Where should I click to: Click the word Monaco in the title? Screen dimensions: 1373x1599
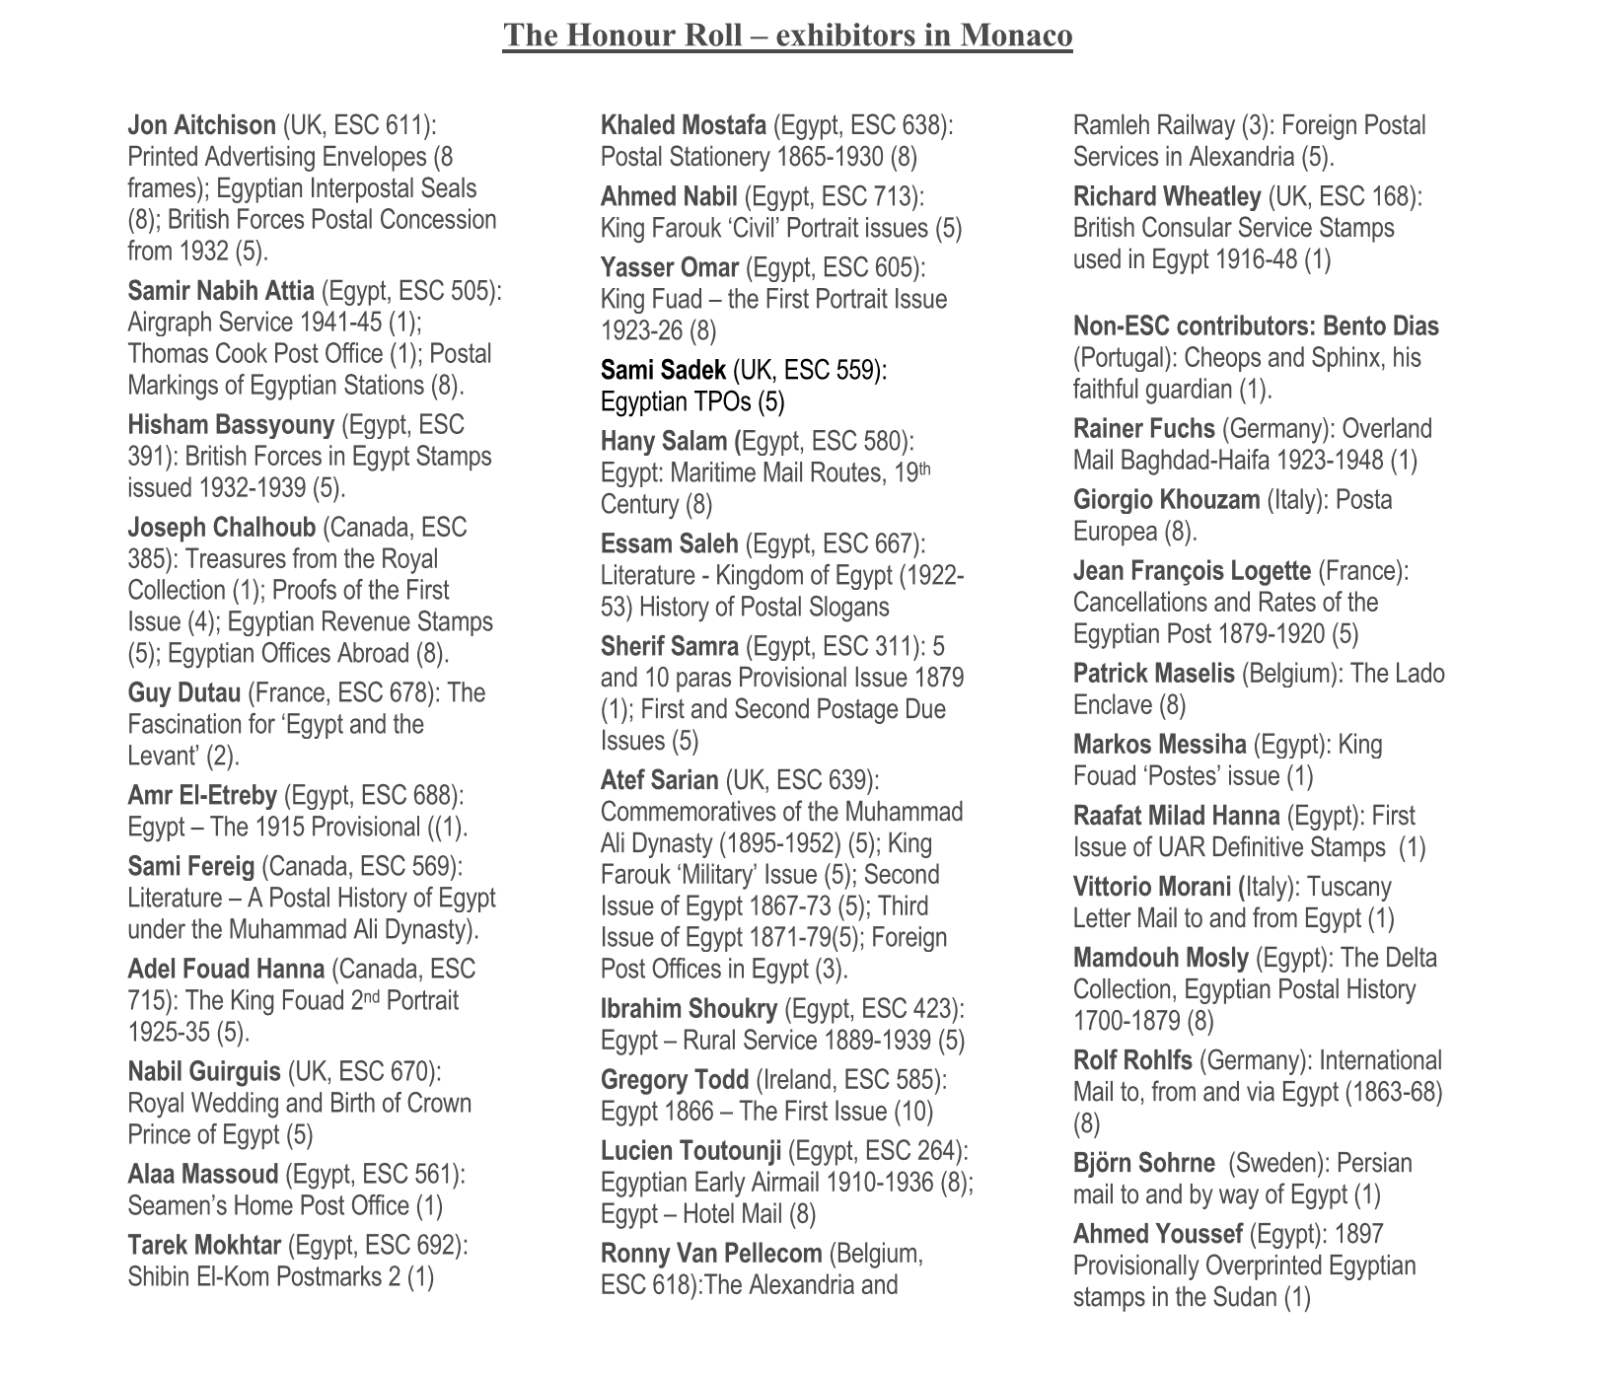pos(1016,36)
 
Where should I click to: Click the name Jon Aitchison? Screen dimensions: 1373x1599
pos(201,125)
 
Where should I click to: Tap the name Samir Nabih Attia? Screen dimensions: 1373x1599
pos(221,291)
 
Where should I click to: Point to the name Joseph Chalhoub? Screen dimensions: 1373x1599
pos(221,528)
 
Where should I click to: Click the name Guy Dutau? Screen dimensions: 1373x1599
pos(183,693)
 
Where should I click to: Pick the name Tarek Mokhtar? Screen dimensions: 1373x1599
pos(204,1246)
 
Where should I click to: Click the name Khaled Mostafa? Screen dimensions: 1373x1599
pos(683,125)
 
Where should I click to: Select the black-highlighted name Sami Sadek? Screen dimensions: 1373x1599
pos(663,370)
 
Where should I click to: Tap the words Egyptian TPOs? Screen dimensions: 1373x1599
pos(676,401)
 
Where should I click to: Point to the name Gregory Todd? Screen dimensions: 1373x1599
pos(674,1080)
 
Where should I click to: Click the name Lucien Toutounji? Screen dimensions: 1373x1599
pos(690,1151)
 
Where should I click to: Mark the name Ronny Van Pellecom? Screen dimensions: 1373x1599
pos(710,1254)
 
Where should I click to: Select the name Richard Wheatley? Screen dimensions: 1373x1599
pos(1166,196)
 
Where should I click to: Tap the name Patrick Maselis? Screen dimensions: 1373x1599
pos(1153,674)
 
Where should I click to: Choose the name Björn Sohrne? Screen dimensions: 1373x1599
pos(1143,1163)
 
